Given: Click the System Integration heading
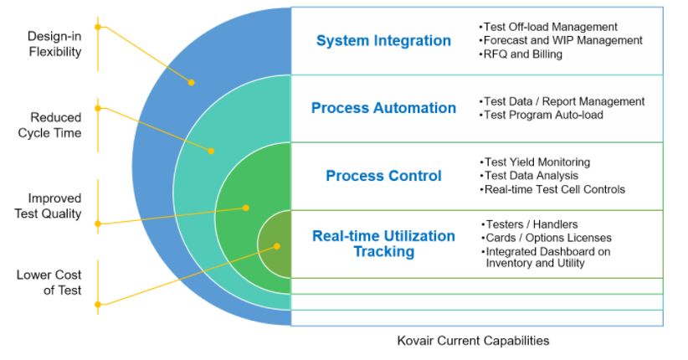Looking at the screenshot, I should coord(383,40).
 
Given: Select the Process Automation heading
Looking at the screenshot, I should coord(383,108).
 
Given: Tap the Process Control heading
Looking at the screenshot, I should coord(383,176).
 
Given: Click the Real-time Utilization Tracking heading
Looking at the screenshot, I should coord(383,244).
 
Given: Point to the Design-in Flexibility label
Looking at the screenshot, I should coord(54,44).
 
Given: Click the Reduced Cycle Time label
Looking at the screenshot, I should coord(56,125).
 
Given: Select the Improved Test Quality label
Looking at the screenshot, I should coord(54,206).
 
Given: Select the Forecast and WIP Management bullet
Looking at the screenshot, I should coord(561,40).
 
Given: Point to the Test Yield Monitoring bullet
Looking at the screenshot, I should coord(536,162).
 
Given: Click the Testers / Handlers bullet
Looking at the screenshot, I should coord(529,224).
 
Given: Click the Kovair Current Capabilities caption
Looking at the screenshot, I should coord(473,341).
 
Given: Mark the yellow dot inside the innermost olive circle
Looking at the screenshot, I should coord(277,246).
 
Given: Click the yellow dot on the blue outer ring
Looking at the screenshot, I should coord(191,82).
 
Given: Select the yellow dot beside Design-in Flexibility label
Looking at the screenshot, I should coord(98,27).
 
